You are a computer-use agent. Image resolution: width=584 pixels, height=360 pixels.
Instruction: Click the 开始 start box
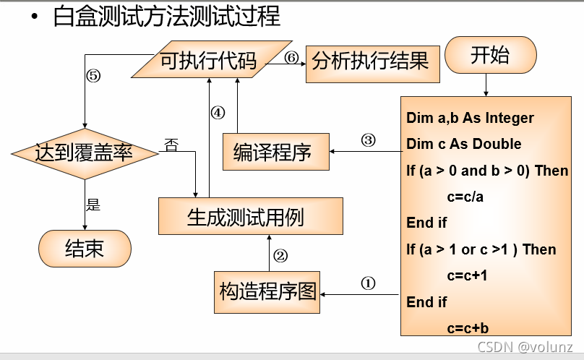click(x=490, y=56)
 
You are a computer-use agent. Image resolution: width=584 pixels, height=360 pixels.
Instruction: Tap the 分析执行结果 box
click(x=369, y=61)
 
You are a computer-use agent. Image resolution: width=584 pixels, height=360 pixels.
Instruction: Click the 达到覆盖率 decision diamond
click(x=86, y=153)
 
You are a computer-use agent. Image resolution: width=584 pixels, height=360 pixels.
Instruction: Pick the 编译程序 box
click(x=272, y=153)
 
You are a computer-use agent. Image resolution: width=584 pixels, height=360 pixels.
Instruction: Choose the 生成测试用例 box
click(x=250, y=217)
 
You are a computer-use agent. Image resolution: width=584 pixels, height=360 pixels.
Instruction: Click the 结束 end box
click(x=85, y=249)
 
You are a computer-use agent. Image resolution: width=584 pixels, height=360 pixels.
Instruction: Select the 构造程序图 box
click(x=267, y=291)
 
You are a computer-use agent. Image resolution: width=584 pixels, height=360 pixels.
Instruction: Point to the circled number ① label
click(x=369, y=284)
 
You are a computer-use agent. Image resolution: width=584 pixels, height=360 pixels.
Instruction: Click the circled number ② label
click(x=280, y=255)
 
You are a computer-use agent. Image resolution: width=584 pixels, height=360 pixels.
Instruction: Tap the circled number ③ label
click(x=369, y=140)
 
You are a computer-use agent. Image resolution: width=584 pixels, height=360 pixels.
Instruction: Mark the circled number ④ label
click(x=218, y=113)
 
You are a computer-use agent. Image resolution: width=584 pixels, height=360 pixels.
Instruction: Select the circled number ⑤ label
click(x=93, y=75)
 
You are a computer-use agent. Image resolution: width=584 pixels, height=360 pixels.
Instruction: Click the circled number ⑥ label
click(x=291, y=59)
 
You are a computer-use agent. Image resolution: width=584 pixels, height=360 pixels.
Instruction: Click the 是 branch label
click(x=93, y=204)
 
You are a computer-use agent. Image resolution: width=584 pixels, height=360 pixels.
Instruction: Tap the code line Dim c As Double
click(x=463, y=144)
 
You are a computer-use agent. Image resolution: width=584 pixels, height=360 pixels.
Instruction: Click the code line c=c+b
click(x=467, y=327)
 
